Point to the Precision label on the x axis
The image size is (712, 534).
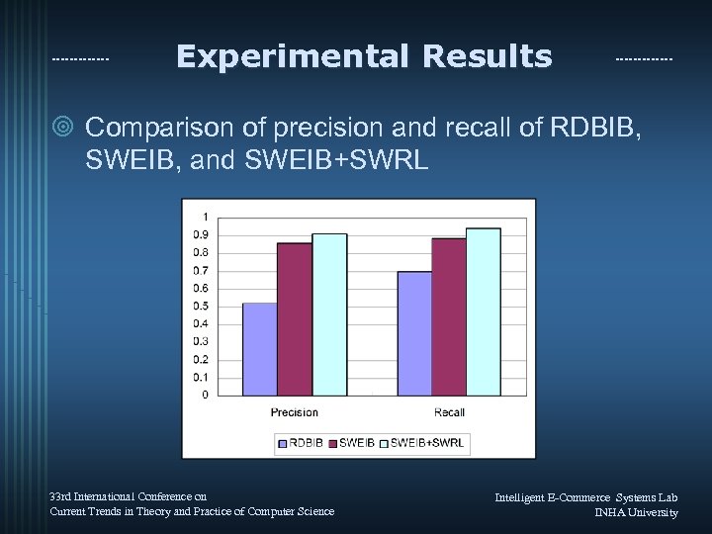coord(295,412)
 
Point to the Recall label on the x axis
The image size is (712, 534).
coord(449,412)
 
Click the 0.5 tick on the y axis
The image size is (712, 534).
coord(201,306)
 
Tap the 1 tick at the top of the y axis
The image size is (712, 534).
coord(205,217)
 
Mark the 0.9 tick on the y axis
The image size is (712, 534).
coord(201,234)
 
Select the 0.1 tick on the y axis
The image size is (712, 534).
coord(201,377)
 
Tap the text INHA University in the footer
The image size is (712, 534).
coord(636,512)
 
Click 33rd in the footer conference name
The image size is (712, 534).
coord(61,496)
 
